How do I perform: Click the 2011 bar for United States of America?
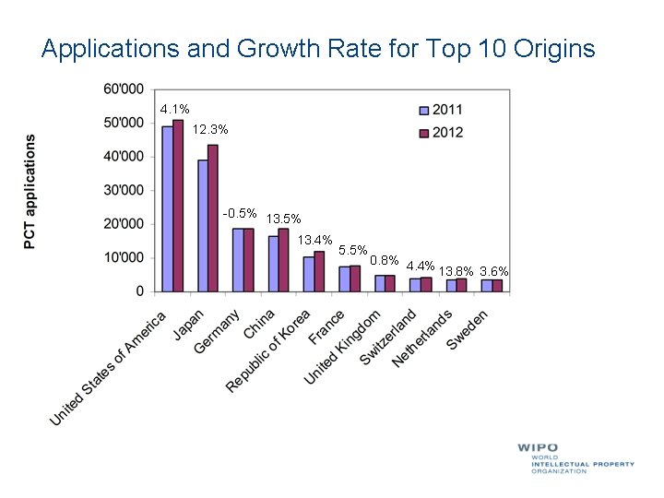(168, 209)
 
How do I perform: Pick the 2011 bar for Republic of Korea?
(309, 274)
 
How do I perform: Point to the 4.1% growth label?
(175, 110)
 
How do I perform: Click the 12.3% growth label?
(210, 131)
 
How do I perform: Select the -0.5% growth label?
(240, 214)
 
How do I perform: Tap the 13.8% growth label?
(456, 271)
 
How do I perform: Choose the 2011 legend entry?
(442, 110)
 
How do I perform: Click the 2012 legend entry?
(442, 132)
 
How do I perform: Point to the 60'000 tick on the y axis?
(123, 89)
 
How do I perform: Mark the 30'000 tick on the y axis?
(123, 190)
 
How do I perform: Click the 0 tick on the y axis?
(139, 290)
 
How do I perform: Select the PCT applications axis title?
(30, 191)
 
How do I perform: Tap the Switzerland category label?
(389, 336)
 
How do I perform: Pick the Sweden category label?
(468, 329)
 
